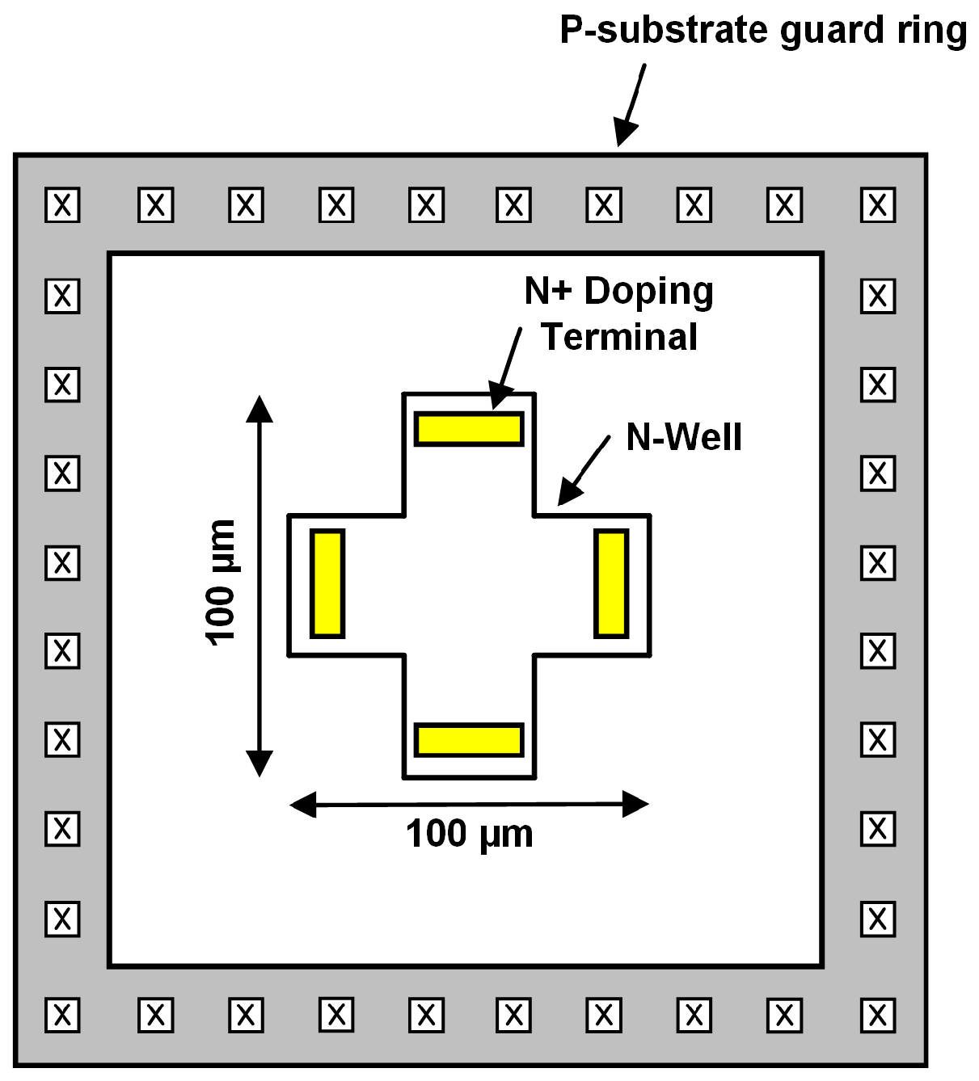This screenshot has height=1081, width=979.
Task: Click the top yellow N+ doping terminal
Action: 469,428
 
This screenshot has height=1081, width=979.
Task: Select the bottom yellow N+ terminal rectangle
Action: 469,740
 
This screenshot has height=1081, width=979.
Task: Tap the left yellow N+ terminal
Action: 327,583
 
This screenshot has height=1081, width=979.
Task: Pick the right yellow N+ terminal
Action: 611,583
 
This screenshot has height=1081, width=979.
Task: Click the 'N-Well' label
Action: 684,437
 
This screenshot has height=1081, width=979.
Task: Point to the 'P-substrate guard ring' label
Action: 763,31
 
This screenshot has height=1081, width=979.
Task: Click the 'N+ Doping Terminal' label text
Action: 619,313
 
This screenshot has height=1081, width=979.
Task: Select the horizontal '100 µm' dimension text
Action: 469,834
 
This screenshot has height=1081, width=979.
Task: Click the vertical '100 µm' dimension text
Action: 220,583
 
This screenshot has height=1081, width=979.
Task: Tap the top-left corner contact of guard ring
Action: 62,205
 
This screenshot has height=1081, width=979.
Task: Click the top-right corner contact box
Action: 878,205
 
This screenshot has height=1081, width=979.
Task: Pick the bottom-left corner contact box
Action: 62,1016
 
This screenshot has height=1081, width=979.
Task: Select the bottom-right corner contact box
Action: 878,1016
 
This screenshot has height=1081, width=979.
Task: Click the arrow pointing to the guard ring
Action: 631,105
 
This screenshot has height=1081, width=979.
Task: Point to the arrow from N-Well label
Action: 584,470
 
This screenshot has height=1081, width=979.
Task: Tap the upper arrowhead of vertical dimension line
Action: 259,409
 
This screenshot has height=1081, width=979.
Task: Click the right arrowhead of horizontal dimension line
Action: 635,804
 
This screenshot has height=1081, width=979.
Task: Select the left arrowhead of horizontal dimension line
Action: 303,804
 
